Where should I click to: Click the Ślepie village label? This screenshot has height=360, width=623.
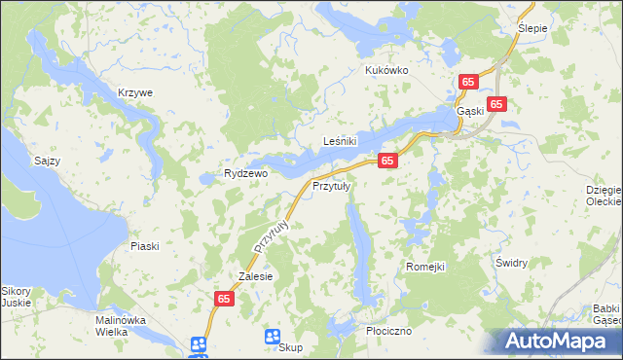(532, 28)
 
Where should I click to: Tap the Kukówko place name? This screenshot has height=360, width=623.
(386, 70)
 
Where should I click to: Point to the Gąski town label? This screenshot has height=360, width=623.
(470, 111)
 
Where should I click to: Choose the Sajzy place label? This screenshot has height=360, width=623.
(47, 161)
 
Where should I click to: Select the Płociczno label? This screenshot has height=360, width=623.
(388, 331)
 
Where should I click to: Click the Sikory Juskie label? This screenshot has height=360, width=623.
(16, 297)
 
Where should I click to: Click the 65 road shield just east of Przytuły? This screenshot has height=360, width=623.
(387, 161)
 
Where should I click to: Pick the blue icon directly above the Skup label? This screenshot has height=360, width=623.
(273, 336)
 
